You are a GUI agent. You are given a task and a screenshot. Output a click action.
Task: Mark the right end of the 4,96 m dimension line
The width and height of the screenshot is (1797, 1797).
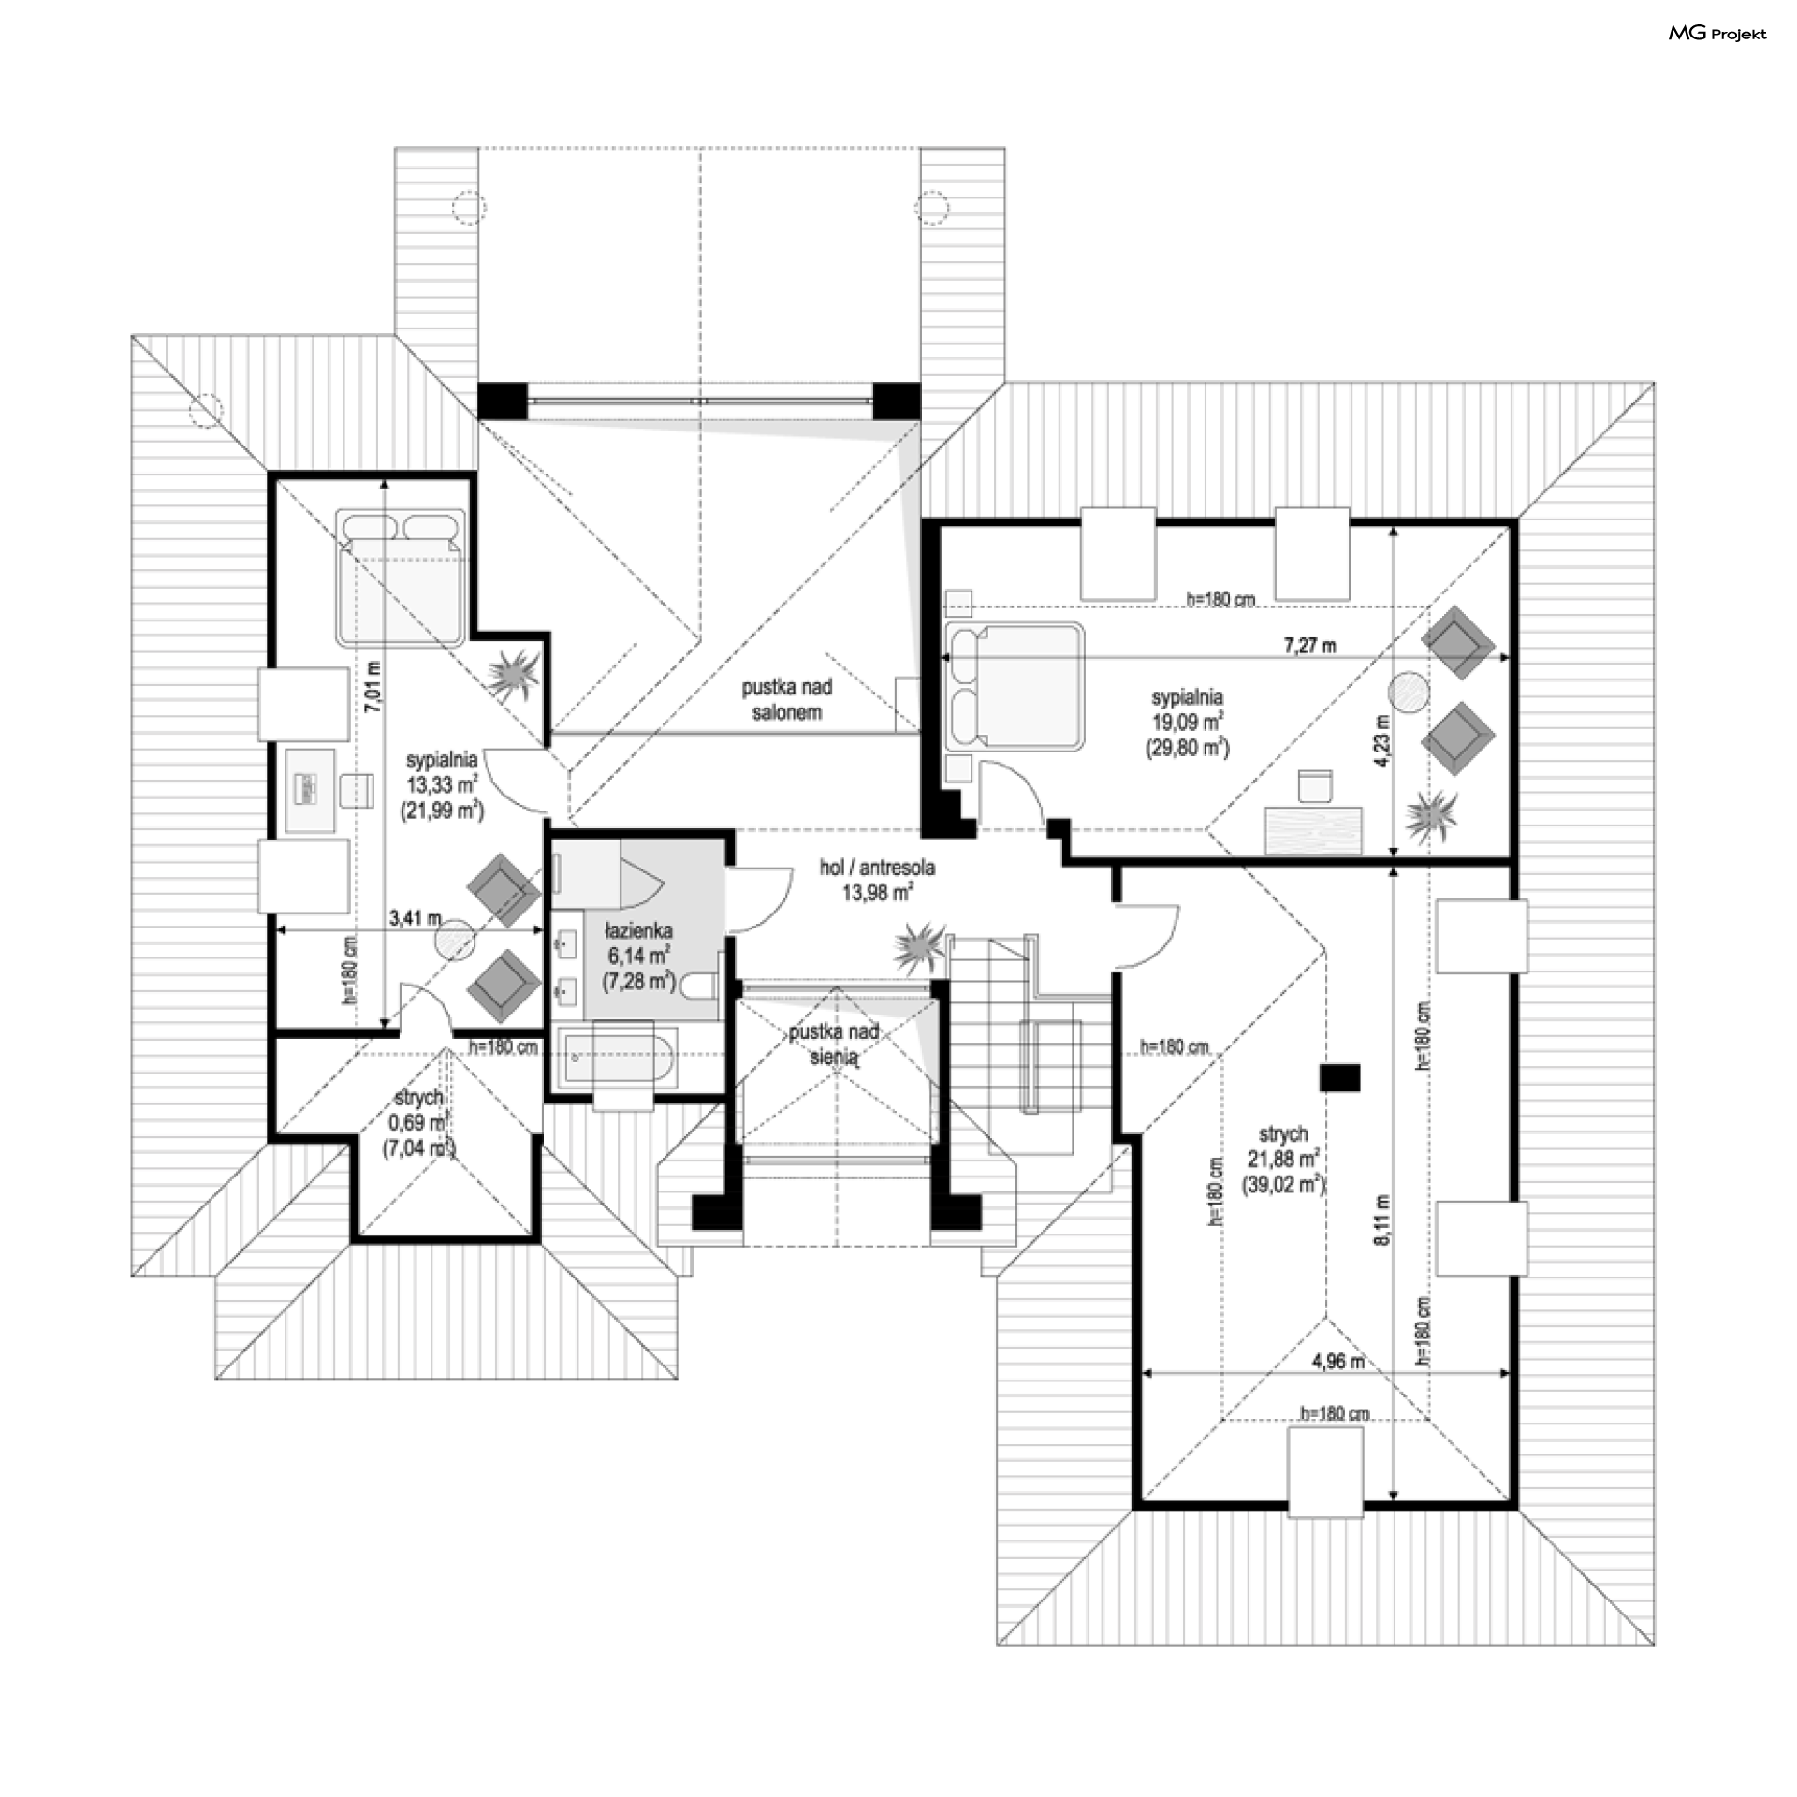tap(1510, 1373)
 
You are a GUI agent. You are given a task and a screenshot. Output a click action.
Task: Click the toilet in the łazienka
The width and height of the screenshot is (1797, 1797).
tap(699, 986)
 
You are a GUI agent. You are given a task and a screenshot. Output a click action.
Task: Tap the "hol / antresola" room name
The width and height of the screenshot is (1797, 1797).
tap(877, 868)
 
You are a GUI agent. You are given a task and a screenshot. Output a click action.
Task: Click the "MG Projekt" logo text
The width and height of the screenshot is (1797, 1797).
tap(1717, 34)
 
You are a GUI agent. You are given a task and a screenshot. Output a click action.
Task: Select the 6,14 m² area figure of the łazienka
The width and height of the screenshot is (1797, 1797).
tap(637, 956)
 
